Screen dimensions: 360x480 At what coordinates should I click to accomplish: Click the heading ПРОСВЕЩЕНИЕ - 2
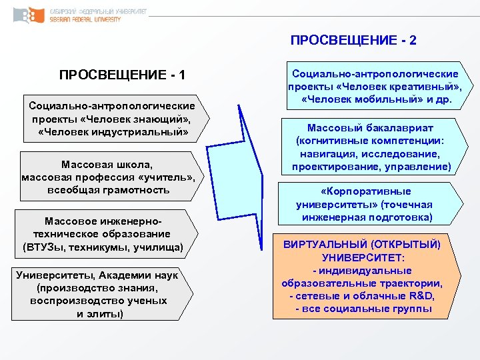pos(353,40)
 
